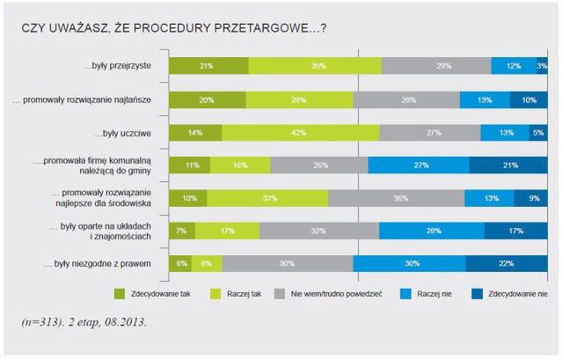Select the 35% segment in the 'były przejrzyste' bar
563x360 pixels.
tap(315, 66)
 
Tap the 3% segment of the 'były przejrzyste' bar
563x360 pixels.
tap(542, 66)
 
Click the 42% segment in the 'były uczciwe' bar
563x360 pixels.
tap(300, 132)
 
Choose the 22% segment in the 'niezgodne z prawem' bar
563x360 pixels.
tap(506, 263)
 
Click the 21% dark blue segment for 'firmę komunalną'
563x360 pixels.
tap(508, 165)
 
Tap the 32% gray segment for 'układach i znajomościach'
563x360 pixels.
tap(318, 231)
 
